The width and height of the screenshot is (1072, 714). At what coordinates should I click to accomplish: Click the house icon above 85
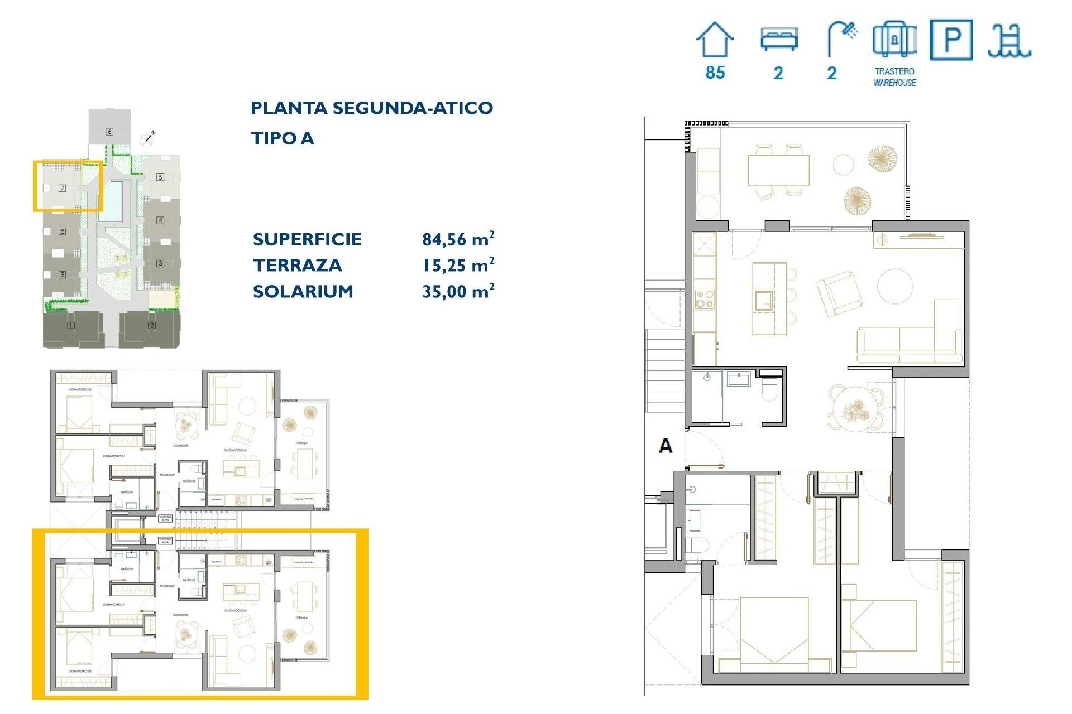tap(715, 40)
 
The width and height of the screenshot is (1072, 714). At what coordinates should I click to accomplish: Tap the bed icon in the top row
tap(779, 40)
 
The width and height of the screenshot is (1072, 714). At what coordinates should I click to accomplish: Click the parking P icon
tap(951, 40)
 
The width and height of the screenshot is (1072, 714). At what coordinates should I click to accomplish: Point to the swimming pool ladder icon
tap(1009, 41)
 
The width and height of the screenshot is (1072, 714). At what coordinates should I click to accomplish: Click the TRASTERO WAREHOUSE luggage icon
tap(894, 40)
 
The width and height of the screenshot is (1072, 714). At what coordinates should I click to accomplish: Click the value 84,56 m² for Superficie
tap(458, 239)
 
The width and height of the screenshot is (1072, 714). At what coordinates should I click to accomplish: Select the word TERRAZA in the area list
tap(297, 266)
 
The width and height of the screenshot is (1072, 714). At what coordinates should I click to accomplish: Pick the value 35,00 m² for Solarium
tap(458, 291)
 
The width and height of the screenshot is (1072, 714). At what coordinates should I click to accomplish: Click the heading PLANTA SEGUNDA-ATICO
tap(371, 108)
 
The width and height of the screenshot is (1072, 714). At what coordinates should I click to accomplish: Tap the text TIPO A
tap(282, 138)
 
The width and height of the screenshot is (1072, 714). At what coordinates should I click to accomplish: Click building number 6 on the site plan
tap(109, 132)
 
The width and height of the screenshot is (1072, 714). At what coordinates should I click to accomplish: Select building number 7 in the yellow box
tap(63, 188)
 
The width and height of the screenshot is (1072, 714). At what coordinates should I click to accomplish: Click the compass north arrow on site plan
tap(148, 138)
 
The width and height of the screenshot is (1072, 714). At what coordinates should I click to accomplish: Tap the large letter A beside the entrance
tap(666, 446)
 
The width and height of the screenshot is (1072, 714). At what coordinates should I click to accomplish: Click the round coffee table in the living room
tap(894, 286)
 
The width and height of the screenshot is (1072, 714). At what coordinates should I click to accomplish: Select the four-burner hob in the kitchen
tap(704, 298)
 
